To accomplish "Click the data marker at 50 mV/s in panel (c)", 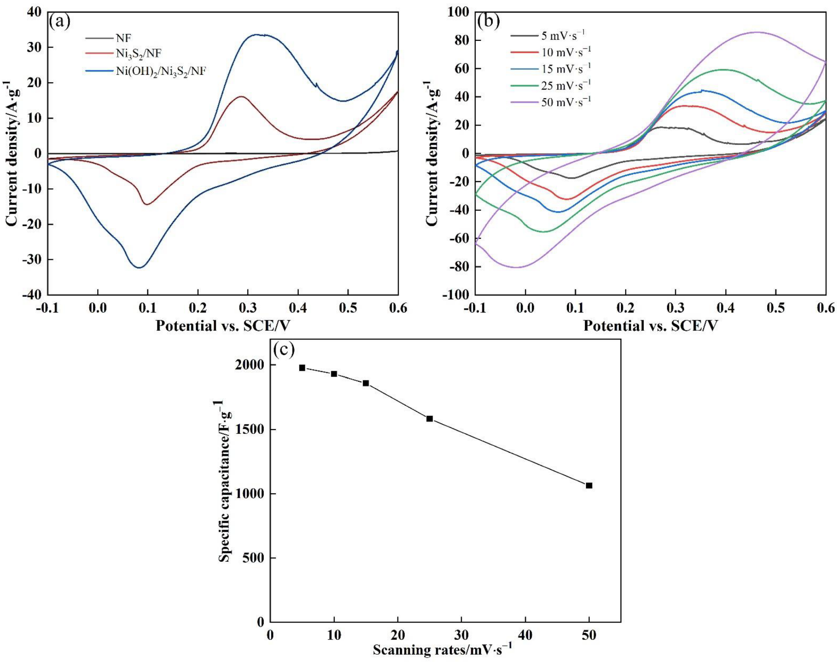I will coord(589,485).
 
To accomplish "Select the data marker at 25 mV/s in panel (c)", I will coord(429,419).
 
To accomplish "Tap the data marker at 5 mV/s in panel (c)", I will coord(302,368).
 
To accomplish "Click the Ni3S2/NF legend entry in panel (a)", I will coord(138,54).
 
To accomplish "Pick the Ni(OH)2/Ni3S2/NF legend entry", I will coord(160,71).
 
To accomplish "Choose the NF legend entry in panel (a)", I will coord(123,38).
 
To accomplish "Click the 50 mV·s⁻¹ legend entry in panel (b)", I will coord(566,102).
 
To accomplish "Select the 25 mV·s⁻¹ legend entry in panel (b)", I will coord(566,86).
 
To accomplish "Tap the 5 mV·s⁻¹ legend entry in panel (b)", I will coord(563,36).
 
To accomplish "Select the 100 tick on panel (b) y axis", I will coord(458,12).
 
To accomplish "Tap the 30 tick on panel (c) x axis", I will coord(461,635).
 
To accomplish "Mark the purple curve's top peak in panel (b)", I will coord(757,32).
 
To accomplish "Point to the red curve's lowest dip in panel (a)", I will coord(147,204).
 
